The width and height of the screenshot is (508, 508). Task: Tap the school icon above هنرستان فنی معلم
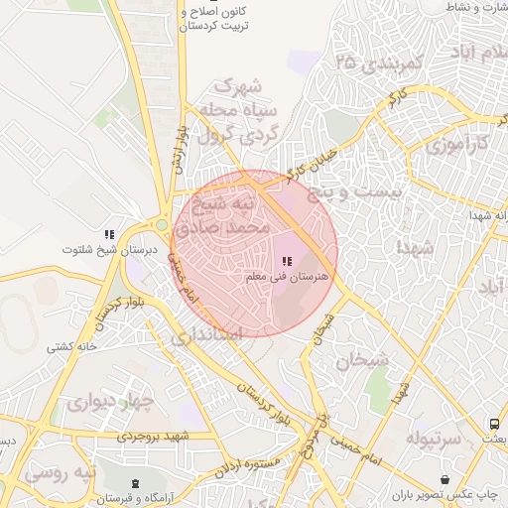tap(288, 261)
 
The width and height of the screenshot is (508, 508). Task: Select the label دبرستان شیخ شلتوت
tap(96, 250)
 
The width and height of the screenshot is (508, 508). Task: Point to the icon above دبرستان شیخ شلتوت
tap(108, 234)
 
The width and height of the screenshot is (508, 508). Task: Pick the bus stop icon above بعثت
tap(494, 423)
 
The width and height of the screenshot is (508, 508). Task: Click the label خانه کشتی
tap(70, 346)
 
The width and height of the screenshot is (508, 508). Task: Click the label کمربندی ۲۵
tap(379, 63)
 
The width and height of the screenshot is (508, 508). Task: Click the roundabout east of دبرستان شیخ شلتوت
tap(163, 225)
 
